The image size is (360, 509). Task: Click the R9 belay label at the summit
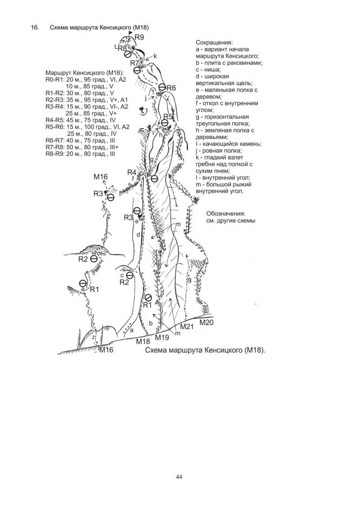[140, 37]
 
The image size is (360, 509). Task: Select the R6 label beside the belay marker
[171, 88]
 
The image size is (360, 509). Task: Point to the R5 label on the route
[168, 116]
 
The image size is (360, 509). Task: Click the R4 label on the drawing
[132, 173]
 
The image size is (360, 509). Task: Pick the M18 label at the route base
[143, 341]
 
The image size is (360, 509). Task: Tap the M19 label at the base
[163, 338]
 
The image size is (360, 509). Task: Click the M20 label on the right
[206, 323]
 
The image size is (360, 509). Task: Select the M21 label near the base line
[186, 327]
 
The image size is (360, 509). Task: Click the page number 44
[179, 477]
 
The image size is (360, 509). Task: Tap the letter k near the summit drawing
[155, 56]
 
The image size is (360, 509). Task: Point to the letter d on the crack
[138, 235]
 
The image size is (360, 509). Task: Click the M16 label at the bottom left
[106, 350]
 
